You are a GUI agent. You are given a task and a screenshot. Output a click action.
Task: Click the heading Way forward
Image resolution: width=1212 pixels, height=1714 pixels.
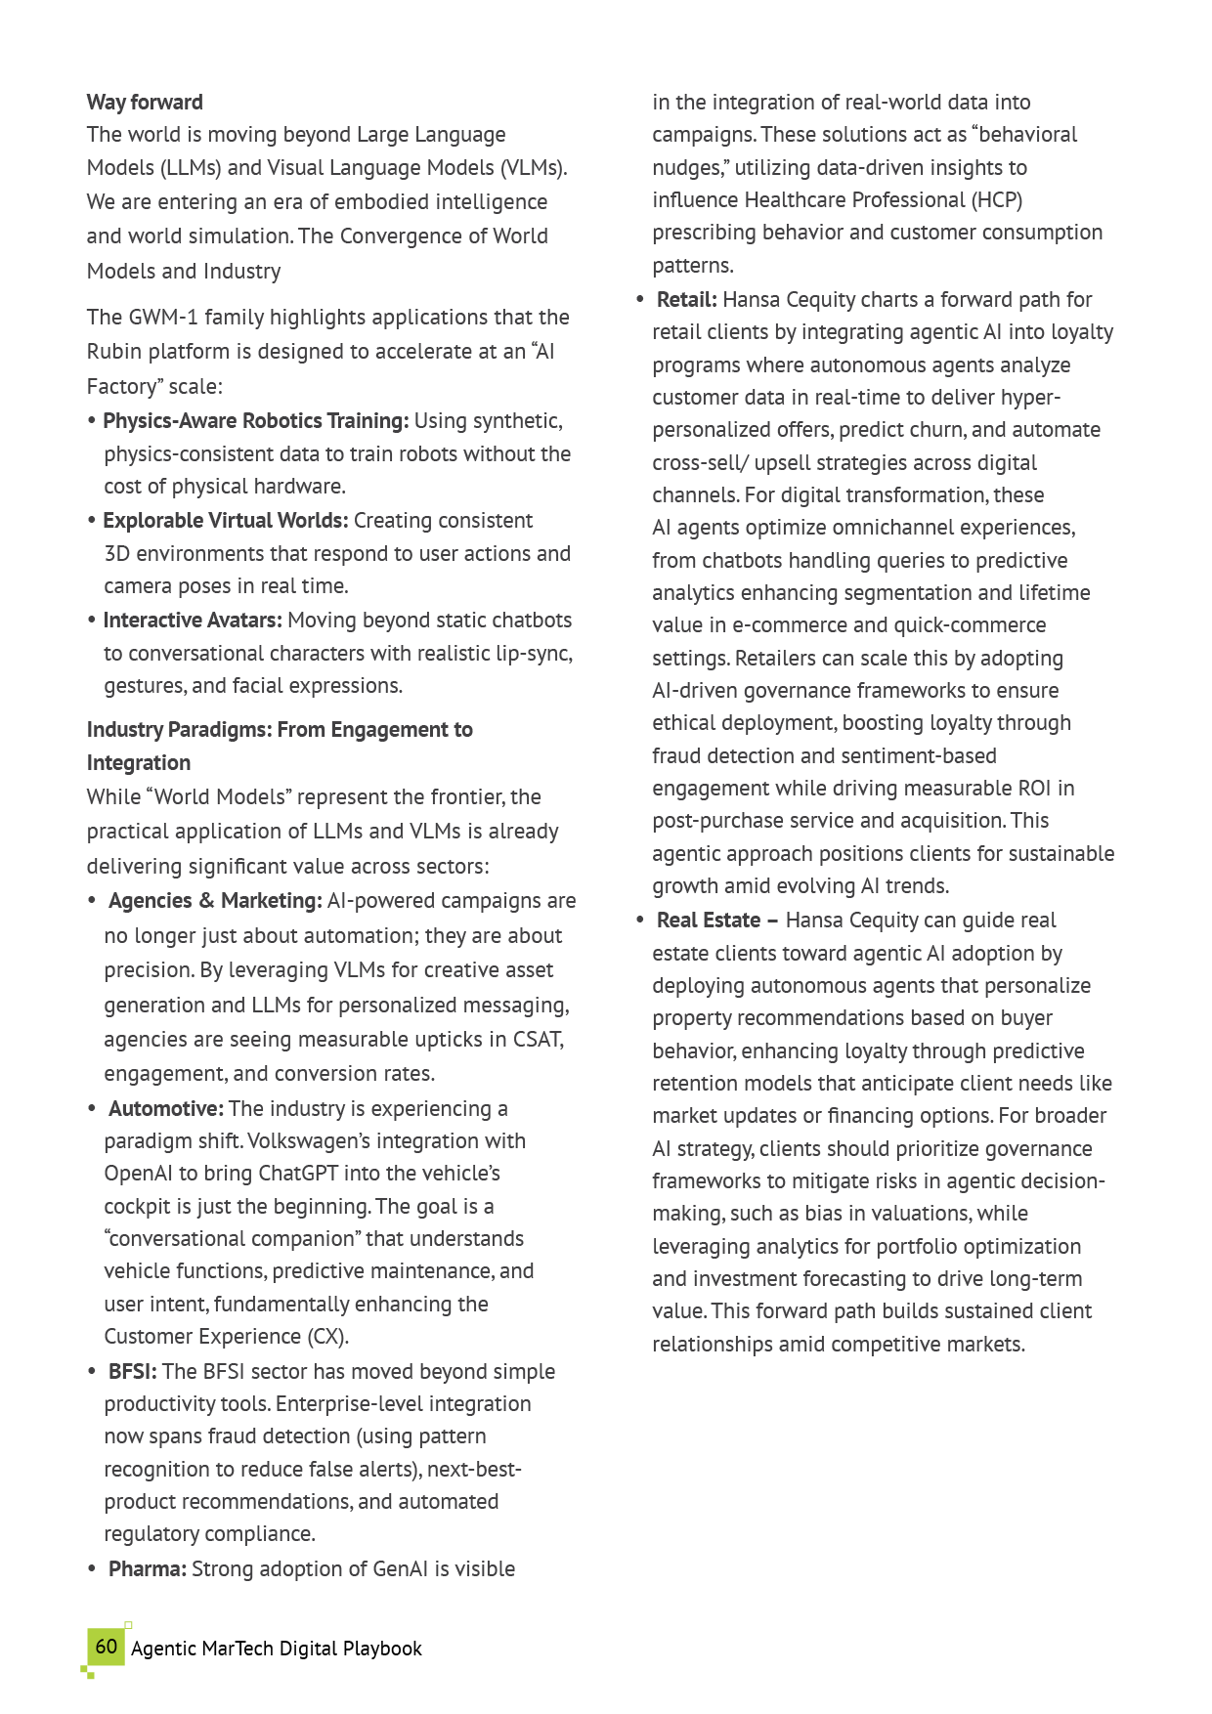coord(145,103)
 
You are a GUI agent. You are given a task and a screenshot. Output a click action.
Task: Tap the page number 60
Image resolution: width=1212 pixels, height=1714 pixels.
coord(107,1647)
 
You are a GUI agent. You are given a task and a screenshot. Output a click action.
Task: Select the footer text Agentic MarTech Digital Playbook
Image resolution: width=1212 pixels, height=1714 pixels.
coord(277,1649)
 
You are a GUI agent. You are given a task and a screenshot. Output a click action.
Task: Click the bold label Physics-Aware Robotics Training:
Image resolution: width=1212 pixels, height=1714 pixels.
coord(255,421)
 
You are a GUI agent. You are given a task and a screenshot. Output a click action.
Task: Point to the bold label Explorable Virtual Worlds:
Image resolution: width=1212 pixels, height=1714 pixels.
coord(225,521)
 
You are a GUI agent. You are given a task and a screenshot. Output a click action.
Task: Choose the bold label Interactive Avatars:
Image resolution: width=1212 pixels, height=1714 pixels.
coord(193,621)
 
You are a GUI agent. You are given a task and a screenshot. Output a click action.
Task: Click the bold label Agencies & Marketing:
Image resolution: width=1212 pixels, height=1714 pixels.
coord(215,901)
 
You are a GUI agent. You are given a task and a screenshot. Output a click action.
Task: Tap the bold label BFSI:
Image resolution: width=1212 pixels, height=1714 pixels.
coord(132,1372)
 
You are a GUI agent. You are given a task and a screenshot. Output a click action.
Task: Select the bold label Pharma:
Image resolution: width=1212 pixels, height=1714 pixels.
coord(148,1569)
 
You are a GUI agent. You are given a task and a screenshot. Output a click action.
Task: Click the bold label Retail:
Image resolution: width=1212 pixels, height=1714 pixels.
coord(687,300)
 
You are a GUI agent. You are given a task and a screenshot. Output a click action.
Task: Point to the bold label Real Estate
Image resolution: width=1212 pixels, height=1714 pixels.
coord(709,921)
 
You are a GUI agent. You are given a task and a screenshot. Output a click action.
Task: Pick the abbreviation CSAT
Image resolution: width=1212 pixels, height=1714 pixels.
coord(538,1040)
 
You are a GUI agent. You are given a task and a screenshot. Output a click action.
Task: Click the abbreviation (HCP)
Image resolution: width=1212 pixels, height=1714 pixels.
coord(997,200)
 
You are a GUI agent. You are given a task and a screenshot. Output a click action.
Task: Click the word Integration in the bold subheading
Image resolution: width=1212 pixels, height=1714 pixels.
coord(139,763)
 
